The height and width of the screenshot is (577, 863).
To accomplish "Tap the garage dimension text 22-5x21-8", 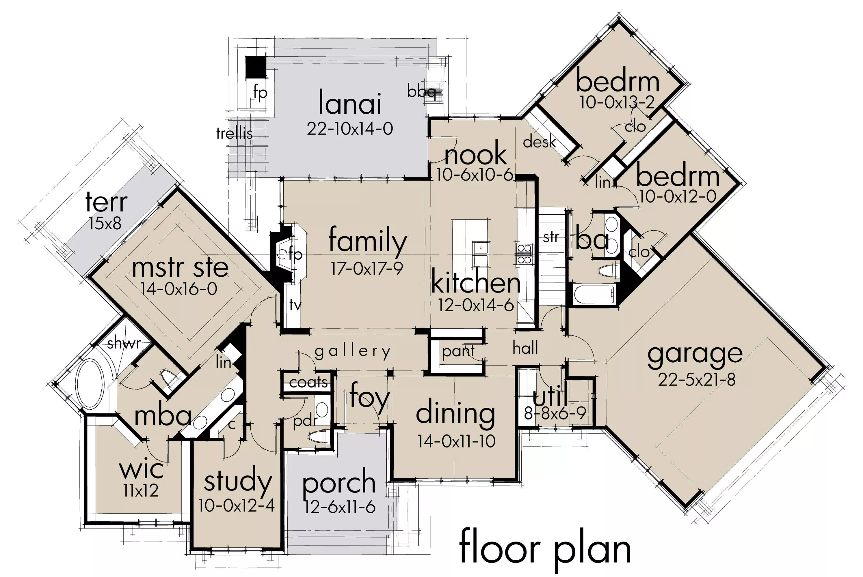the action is (697, 379).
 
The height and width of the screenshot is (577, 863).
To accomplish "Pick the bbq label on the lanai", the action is (421, 91).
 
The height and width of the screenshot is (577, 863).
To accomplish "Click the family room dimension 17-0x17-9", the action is (367, 269).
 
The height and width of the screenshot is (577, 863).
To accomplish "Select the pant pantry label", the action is (458, 351).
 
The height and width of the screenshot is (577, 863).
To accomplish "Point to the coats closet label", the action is (308, 382).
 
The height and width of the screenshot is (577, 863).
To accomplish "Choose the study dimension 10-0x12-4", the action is (237, 506).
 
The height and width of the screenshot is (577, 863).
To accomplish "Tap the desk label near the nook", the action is (539, 141).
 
